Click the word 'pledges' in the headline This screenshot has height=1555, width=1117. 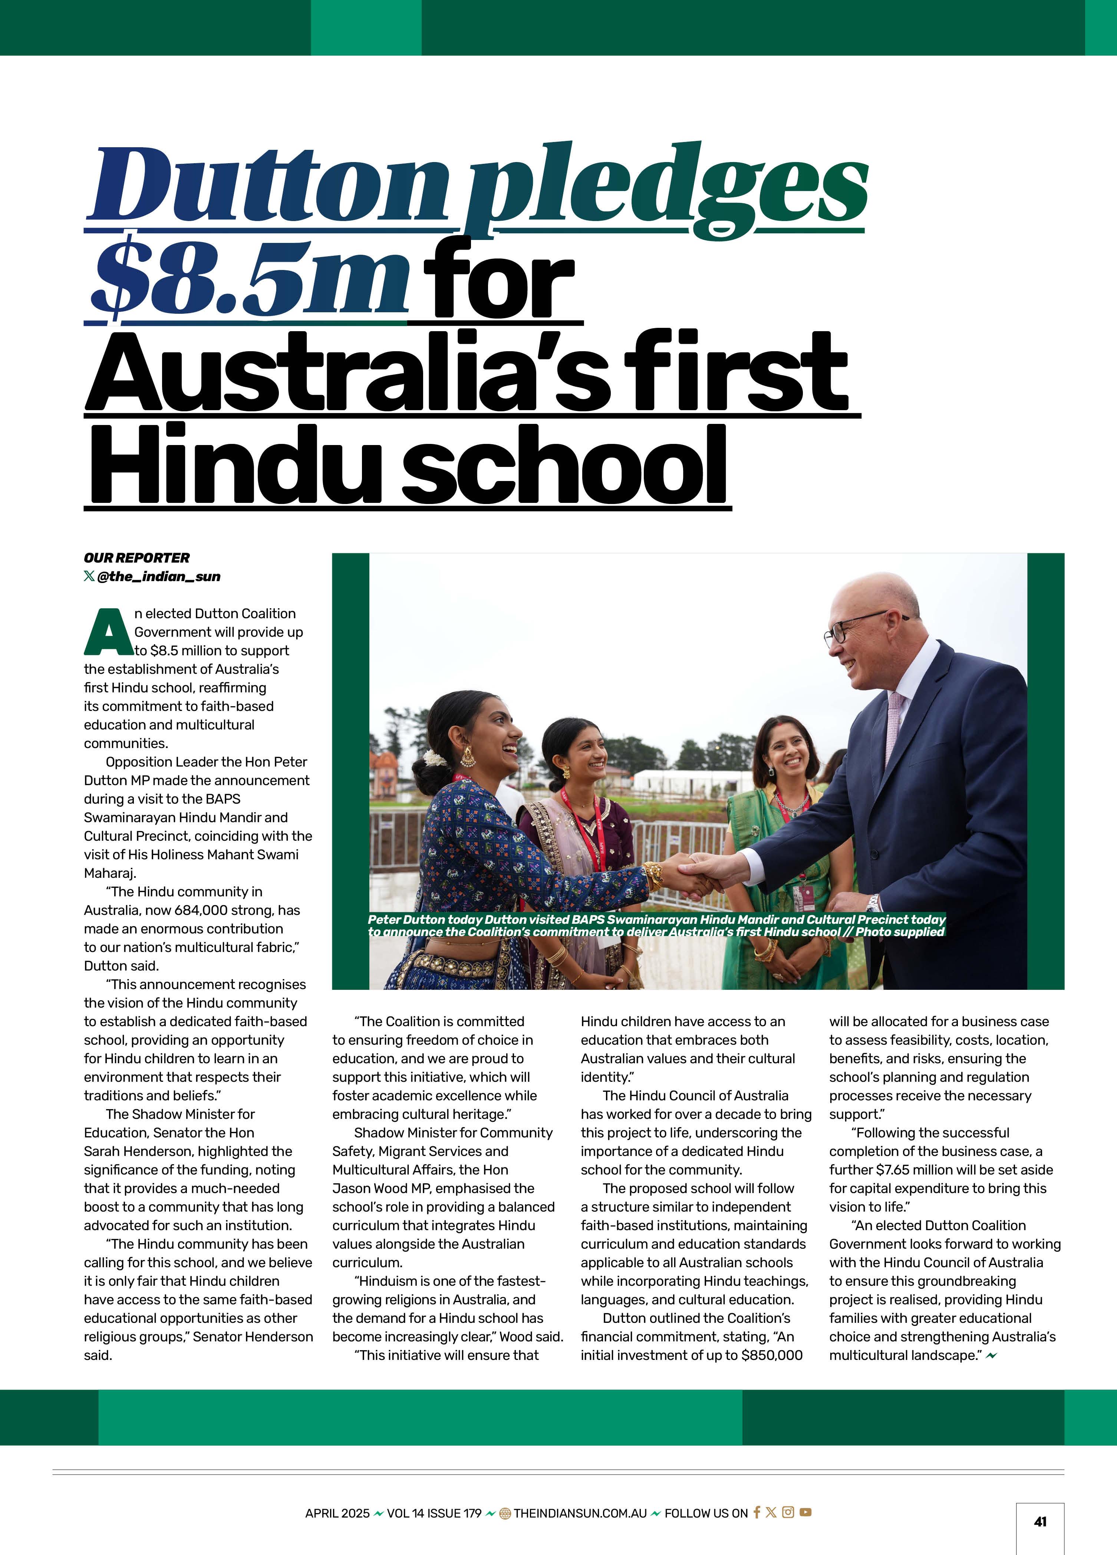(664, 188)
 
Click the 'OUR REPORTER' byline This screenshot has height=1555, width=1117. (136, 557)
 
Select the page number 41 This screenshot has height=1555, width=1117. (1039, 1521)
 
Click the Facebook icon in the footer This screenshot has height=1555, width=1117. (756, 1512)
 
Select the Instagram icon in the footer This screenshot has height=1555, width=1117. (788, 1512)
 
